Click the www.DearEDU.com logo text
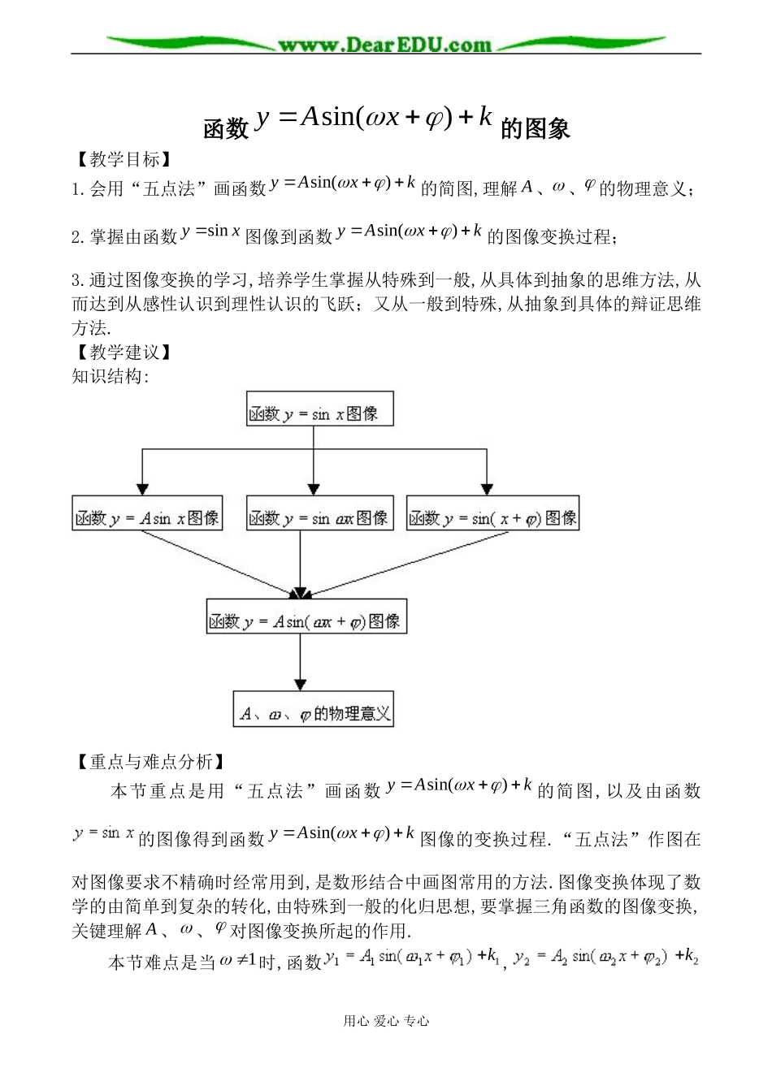point(384,45)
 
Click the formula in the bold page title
point(374,119)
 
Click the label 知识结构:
point(111,376)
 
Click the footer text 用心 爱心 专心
point(386,1021)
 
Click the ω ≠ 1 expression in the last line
point(239,962)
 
